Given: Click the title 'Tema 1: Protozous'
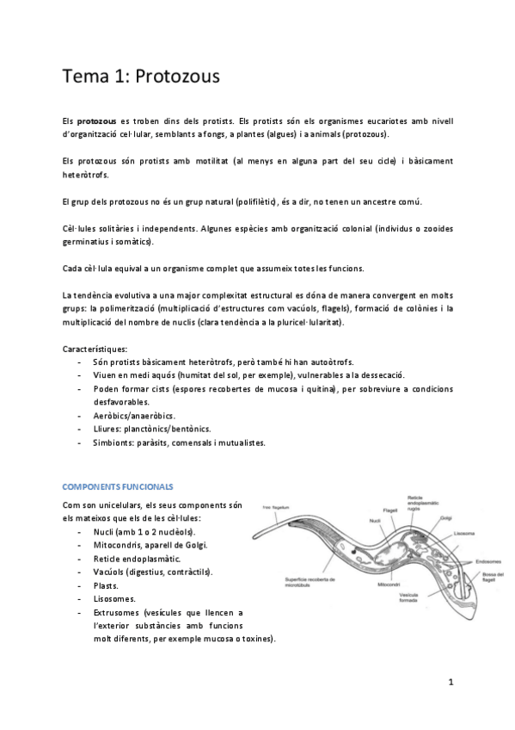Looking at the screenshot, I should [142, 77].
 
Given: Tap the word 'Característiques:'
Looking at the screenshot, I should [95, 349].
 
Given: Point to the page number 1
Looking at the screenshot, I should [450, 682].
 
